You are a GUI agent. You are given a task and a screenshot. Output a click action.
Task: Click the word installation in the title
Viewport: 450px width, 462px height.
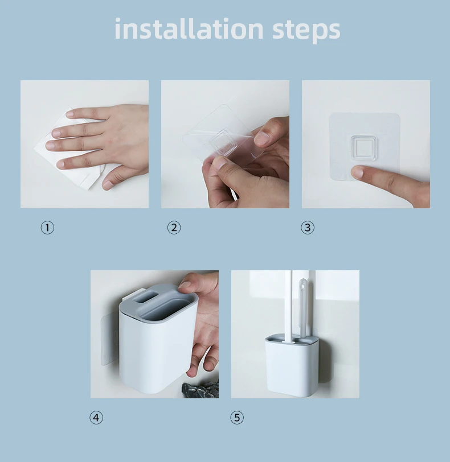[189, 28]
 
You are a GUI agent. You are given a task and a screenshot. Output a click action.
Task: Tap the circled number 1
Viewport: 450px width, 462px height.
[47, 228]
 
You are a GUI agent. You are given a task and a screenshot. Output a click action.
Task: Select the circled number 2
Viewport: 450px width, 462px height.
[174, 228]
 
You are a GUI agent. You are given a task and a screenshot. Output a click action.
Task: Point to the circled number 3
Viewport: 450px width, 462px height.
[308, 228]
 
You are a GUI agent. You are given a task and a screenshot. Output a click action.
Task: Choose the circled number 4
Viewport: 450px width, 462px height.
[96, 418]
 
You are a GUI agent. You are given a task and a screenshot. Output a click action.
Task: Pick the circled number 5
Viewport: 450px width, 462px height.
[237, 418]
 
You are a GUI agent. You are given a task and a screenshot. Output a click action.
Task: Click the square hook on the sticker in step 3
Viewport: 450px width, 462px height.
[364, 148]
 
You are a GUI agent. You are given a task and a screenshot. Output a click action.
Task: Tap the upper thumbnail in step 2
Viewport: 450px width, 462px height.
[263, 138]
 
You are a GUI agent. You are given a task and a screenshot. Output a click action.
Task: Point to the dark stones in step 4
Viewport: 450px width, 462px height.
[201, 390]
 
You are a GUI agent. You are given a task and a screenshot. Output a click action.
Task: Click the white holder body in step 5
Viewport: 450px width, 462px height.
[291, 368]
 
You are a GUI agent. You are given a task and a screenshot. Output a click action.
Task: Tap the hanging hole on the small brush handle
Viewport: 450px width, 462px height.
[302, 285]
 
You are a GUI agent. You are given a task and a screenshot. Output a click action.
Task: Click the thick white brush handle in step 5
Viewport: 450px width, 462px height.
[288, 307]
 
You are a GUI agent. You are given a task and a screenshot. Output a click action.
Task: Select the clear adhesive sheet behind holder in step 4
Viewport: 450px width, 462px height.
[111, 340]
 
